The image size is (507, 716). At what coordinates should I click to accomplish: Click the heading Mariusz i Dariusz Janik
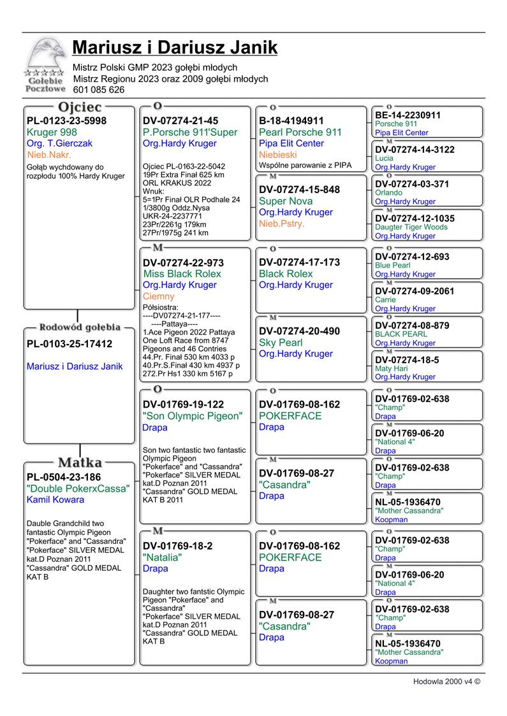[x=175, y=48]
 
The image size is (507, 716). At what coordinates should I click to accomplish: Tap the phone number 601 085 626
[x=99, y=90]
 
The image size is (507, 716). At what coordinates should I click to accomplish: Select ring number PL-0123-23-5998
[x=66, y=121]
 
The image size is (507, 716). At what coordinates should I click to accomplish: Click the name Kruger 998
[x=52, y=132]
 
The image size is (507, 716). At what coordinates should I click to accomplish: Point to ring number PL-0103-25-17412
[x=70, y=344]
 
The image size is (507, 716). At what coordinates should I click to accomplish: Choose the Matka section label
[x=80, y=462]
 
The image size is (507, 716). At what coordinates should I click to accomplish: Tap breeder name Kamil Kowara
[x=55, y=500]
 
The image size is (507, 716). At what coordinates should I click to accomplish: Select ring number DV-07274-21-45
[x=180, y=121]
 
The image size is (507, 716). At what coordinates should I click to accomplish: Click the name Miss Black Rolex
[x=182, y=274]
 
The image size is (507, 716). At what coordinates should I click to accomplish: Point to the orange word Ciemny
[x=158, y=297]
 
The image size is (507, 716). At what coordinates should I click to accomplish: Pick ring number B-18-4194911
[x=291, y=121]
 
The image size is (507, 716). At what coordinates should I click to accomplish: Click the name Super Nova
[x=286, y=201]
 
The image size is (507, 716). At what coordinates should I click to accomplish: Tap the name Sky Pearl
[x=281, y=343]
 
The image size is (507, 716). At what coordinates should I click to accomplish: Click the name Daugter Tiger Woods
[x=411, y=227]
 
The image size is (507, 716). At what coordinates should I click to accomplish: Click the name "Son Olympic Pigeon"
[x=193, y=417]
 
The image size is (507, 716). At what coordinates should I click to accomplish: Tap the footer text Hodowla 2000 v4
[x=446, y=682]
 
